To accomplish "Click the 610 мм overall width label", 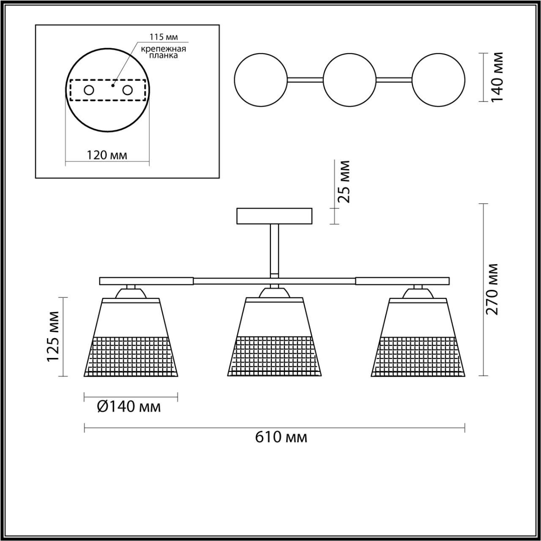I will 281,437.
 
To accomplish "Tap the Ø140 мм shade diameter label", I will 129,407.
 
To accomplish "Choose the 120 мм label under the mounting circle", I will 107,155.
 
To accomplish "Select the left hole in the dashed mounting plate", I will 89,90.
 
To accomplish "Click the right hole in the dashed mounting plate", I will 127,90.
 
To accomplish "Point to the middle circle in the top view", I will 350,79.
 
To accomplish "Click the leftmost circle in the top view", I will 261,79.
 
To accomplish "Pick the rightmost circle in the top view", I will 438,79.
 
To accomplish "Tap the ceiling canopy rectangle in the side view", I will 275,216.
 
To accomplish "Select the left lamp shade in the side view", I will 131,338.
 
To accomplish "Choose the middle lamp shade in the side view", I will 275,338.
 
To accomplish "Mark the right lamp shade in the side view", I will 418,338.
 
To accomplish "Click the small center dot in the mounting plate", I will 112,85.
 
